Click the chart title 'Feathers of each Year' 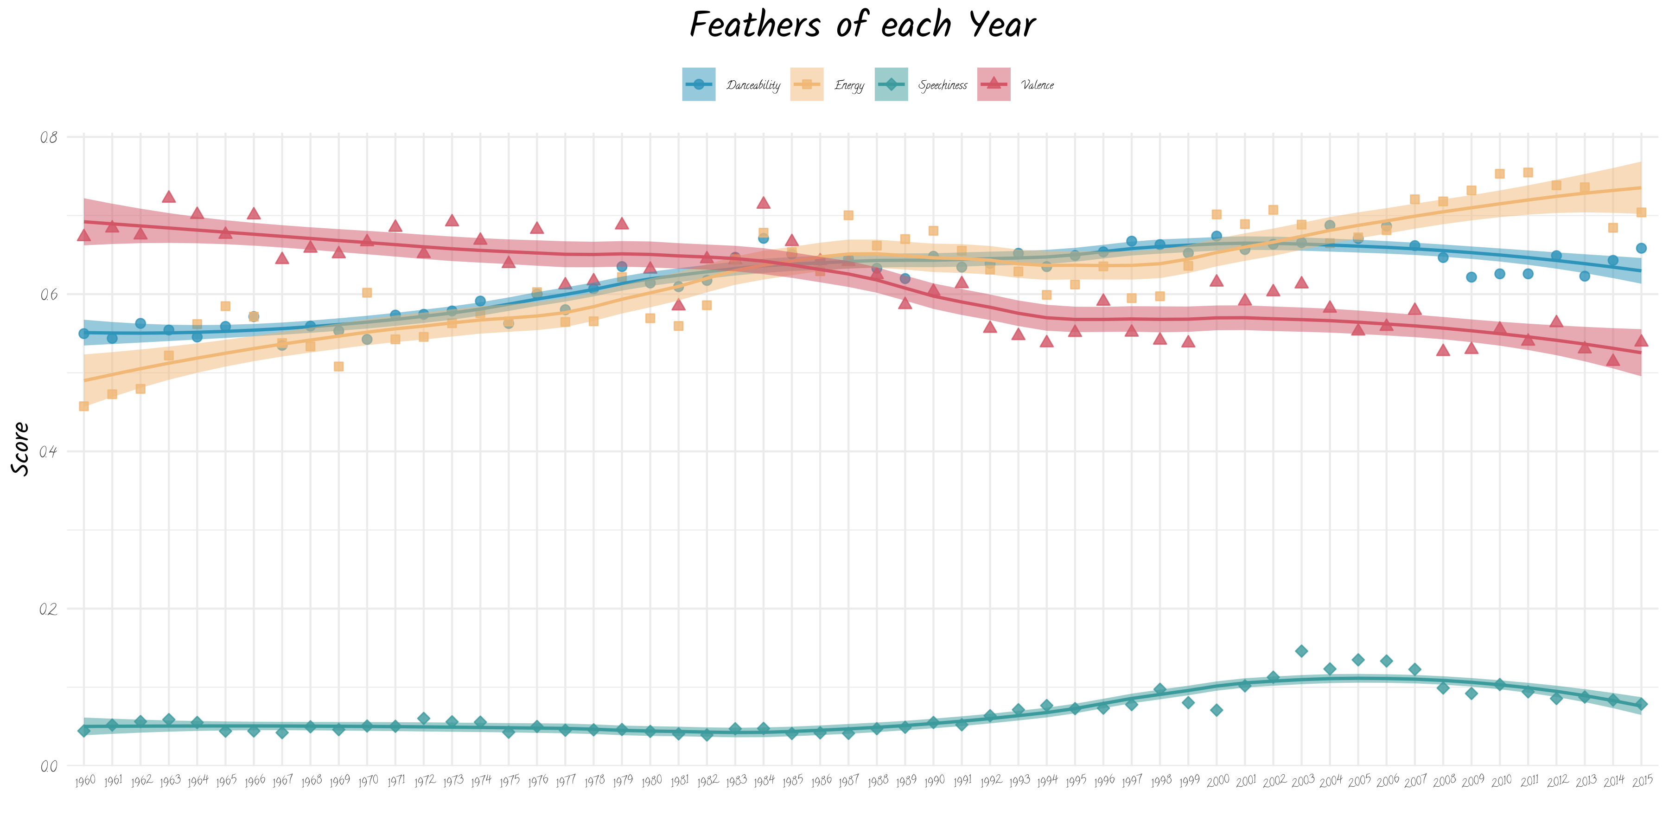[862, 26]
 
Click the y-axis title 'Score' [21, 449]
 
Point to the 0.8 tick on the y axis [49, 137]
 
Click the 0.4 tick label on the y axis [49, 452]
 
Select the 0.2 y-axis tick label [49, 610]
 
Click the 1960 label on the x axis [85, 781]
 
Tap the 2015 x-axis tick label [1642, 781]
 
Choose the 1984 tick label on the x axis [764, 781]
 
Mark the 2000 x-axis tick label [1217, 781]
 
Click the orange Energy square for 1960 [83, 406]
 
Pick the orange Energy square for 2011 [1528, 173]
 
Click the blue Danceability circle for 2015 [1641, 248]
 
